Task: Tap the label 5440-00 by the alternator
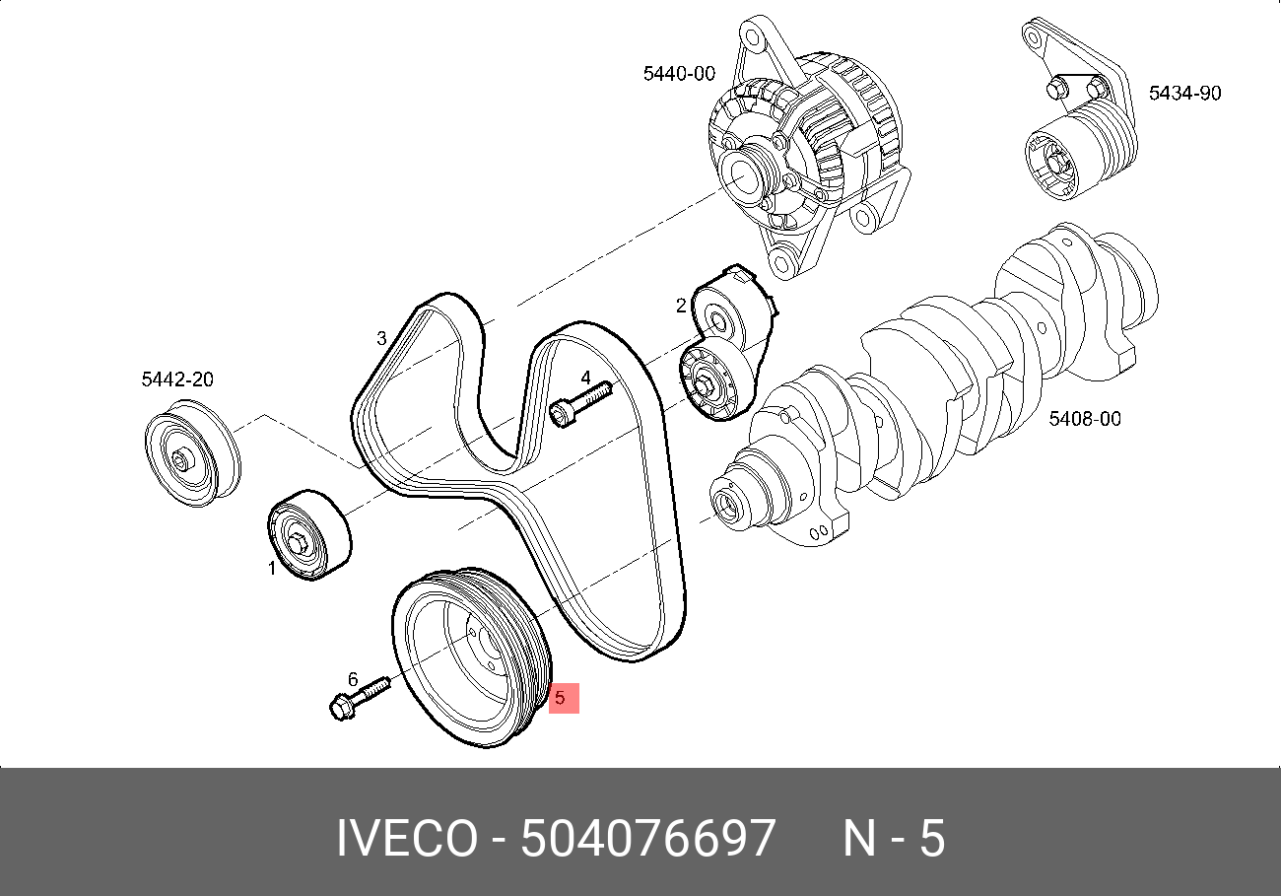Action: click(678, 73)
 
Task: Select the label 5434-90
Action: click(1184, 94)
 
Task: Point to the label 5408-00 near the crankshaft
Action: click(1084, 419)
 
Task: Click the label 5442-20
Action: click(177, 379)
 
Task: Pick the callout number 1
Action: click(273, 568)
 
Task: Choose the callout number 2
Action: click(681, 306)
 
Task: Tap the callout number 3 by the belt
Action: click(381, 339)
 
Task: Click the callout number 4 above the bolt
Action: click(585, 378)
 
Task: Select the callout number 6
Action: click(352, 678)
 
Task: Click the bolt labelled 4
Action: click(579, 403)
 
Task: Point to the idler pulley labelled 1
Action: click(308, 535)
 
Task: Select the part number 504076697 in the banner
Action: click(647, 840)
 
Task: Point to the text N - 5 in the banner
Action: click(893, 840)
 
